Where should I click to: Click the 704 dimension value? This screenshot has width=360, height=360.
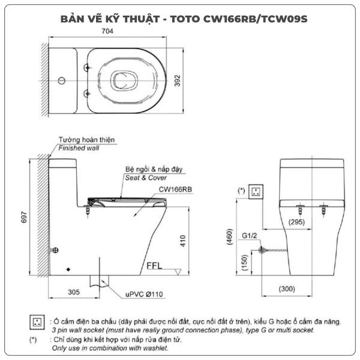[107, 31]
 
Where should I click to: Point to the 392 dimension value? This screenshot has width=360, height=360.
[177, 80]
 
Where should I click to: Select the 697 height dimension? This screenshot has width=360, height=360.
[24, 217]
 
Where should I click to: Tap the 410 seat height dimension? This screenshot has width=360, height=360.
[183, 241]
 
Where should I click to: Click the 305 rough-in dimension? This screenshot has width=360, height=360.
[74, 292]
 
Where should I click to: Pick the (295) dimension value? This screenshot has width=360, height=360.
[296, 222]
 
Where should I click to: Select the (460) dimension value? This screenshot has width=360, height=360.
[230, 237]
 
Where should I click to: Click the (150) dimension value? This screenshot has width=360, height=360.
[245, 262]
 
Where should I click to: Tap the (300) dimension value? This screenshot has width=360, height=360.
[287, 289]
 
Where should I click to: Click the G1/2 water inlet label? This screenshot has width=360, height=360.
[250, 236]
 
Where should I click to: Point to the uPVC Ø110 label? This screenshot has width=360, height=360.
[144, 294]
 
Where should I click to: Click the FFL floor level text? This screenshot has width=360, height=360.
[154, 266]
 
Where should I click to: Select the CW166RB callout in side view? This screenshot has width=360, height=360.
[175, 190]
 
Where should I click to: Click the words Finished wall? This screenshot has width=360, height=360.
[79, 148]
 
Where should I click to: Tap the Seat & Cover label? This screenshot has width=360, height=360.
[146, 178]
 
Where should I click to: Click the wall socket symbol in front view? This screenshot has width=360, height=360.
[256, 191]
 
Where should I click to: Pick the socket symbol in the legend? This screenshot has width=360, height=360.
[37, 322]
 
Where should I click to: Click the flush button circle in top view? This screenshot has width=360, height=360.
[62, 80]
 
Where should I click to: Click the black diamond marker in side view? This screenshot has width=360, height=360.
[68, 269]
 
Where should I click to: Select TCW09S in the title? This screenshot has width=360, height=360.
[284, 19]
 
